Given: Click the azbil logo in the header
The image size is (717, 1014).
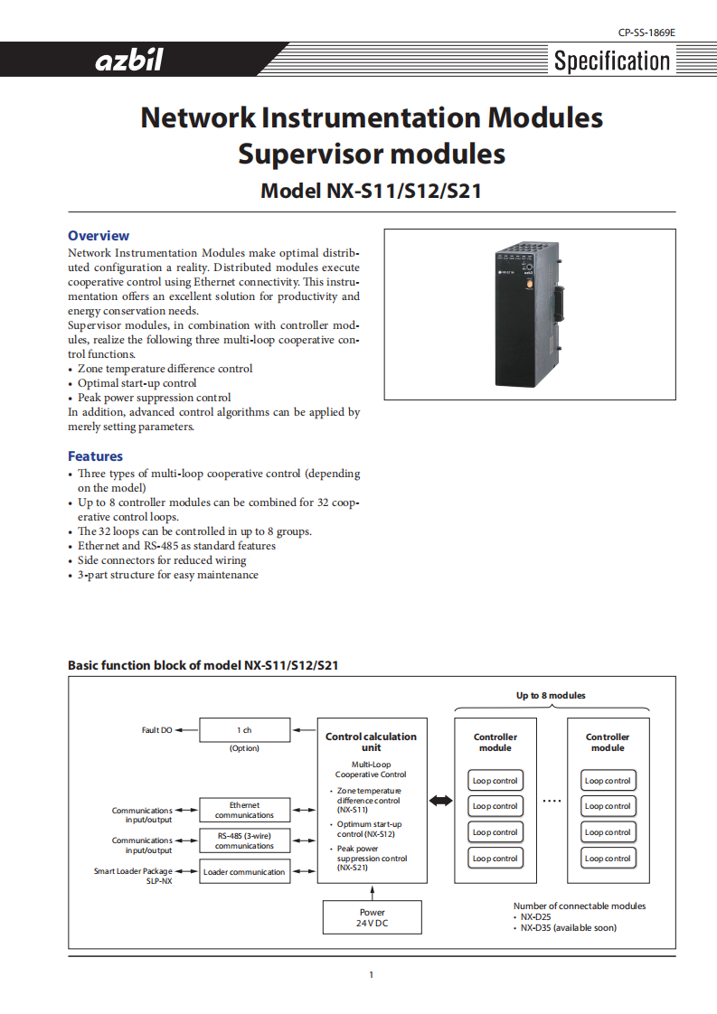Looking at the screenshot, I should pos(129,61).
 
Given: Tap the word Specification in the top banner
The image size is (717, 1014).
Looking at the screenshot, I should pos(612,61).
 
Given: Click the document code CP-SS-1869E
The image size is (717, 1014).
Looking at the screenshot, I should pos(646,33).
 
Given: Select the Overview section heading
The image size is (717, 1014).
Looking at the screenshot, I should pos(99,236).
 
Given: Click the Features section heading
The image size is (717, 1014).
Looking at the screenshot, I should pos(95,456).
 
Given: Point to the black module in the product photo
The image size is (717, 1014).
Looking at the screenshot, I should pos(523,314).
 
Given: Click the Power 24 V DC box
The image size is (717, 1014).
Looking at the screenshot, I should pos(372,918).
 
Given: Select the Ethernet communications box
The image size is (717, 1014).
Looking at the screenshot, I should pos(244,810).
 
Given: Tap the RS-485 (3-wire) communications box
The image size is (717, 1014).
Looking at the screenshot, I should pos(244,840).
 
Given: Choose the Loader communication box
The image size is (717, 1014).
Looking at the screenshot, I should pos(244,872).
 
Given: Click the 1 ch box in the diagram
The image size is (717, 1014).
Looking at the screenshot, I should pos(244,730).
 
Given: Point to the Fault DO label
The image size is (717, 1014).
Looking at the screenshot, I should pos(156,730).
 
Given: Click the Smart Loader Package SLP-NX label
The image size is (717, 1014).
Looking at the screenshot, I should pos(133,876).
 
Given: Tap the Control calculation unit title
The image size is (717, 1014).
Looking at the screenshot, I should pos(371,742).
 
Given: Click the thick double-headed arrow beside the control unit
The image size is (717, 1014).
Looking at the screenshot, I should pos(440,801).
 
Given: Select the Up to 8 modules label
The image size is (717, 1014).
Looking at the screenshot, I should pos(551,695).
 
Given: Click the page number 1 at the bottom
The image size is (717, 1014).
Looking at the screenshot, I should pos(371,974).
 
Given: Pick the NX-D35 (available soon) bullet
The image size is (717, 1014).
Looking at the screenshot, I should pos(568,927).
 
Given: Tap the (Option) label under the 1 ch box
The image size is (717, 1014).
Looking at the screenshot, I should pos(244,748).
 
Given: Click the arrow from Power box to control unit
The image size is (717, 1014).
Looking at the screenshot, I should pos(372,891).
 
